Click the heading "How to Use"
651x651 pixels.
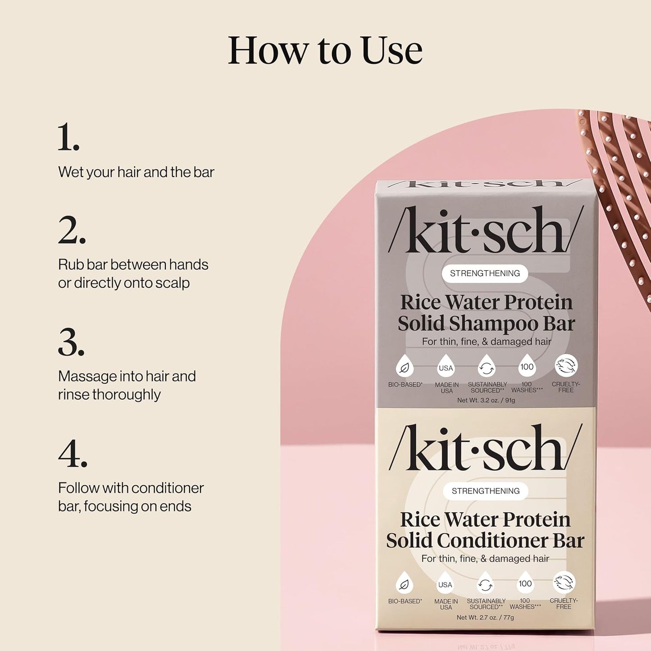(325, 50)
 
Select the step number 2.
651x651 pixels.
(72, 230)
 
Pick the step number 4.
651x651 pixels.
(73, 454)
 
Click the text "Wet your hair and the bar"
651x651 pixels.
(136, 172)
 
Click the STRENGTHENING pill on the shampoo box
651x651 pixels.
(485, 273)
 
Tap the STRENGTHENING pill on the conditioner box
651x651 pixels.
(486, 491)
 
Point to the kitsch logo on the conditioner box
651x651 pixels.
(485, 448)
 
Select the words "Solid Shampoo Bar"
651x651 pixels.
(486, 323)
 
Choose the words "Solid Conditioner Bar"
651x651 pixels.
(485, 541)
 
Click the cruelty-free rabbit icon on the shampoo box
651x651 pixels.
(566, 365)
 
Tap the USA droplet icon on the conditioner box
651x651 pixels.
(445, 584)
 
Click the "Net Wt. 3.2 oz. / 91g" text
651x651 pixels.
(486, 400)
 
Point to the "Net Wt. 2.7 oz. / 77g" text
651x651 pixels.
(485, 617)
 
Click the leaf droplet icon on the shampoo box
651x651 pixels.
(405, 367)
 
